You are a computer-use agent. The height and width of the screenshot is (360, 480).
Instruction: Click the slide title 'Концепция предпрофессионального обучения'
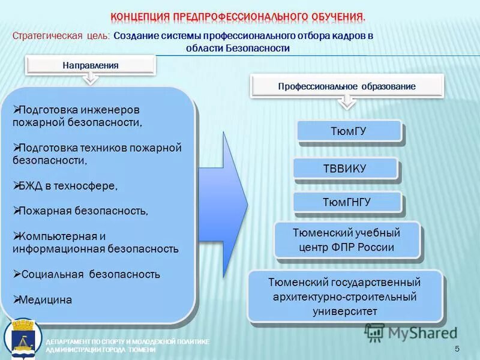238,16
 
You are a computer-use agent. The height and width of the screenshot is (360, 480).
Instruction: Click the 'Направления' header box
91,65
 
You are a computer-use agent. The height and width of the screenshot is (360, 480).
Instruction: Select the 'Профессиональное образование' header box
346,86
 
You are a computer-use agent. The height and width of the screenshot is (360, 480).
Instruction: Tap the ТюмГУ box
348,131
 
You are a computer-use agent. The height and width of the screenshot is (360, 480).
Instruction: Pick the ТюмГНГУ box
347,202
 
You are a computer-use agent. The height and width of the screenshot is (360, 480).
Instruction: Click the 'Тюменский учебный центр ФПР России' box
346,240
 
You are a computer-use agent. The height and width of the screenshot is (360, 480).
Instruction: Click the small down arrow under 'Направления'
90,80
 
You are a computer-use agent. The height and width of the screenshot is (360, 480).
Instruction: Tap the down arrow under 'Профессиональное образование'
346,102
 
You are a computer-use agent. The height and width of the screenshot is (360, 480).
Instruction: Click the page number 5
457,349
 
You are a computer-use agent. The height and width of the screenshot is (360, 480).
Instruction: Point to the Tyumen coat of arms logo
23,340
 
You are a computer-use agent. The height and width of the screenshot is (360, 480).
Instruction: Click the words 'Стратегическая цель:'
61,35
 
